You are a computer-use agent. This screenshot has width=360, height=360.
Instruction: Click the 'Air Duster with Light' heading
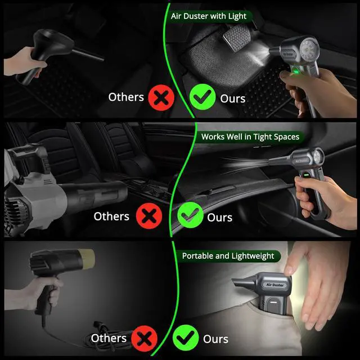tap(209, 16)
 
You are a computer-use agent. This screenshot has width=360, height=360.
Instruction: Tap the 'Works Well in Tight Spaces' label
tap(250, 137)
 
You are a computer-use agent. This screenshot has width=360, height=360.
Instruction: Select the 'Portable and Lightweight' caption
tap(228, 256)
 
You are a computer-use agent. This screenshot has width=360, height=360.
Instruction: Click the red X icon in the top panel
tap(161, 97)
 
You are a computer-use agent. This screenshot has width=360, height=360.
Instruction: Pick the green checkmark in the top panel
tap(202, 97)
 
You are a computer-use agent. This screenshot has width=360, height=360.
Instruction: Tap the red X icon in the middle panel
tap(149, 216)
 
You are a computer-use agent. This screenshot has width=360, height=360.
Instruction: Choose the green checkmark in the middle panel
tap(190, 215)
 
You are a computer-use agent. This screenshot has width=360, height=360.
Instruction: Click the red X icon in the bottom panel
tap(144, 339)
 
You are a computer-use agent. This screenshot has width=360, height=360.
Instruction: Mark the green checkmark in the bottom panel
tap(186, 338)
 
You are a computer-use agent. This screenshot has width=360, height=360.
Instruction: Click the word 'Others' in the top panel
tap(126, 97)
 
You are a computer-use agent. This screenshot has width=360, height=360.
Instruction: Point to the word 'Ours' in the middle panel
tap(220, 218)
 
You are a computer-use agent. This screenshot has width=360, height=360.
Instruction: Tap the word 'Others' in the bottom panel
tap(109, 338)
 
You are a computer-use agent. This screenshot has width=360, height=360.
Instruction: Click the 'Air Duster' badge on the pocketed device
tap(275, 285)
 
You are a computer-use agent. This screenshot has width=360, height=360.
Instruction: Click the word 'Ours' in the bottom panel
tap(215, 339)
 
